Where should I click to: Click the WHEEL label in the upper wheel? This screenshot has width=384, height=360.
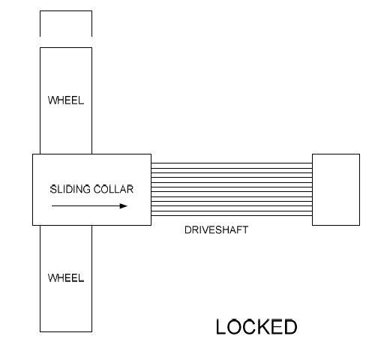pos(66,100)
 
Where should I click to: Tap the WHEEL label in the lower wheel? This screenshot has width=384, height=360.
pos(66,278)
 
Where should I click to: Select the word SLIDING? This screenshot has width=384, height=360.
pos(70,189)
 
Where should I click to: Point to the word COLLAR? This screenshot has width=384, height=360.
pos(113,189)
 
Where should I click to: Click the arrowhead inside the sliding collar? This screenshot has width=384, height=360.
pos(124,206)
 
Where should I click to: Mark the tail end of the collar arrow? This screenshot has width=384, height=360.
pos(52,206)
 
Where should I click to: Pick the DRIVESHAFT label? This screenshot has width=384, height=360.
pos(216,230)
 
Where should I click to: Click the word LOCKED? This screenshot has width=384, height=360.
pos(256,327)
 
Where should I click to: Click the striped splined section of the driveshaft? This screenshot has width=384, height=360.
pos(232,189)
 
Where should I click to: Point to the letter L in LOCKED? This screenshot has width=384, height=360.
pos(221,327)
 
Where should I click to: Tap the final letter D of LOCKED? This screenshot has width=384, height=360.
pos(290,327)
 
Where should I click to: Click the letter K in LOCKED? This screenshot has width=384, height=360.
pos(263,327)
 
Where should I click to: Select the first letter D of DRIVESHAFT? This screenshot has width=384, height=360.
pos(187,230)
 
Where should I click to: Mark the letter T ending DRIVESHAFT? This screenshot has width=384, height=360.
pos(245,230)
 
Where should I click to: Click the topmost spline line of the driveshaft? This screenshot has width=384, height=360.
pos(232,163)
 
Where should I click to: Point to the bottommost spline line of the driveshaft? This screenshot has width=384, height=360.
pos(232,215)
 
